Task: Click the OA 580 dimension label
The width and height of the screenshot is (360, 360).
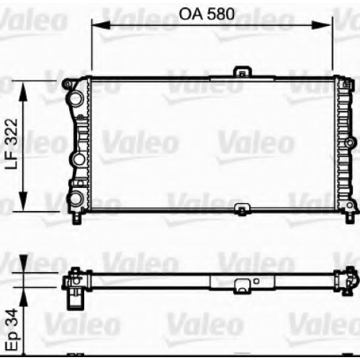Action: click(x=207, y=14)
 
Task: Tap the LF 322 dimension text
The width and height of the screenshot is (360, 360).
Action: click(x=12, y=144)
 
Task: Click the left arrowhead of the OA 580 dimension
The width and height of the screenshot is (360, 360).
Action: click(x=101, y=25)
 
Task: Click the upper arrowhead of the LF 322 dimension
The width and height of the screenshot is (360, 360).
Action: click(x=23, y=91)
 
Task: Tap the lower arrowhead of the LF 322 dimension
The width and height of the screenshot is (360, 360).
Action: click(x=23, y=202)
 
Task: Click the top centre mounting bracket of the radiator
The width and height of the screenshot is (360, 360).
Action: click(x=243, y=72)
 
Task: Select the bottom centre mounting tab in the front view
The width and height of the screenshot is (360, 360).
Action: click(x=243, y=209)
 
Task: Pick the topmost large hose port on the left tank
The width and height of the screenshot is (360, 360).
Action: click(x=76, y=99)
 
